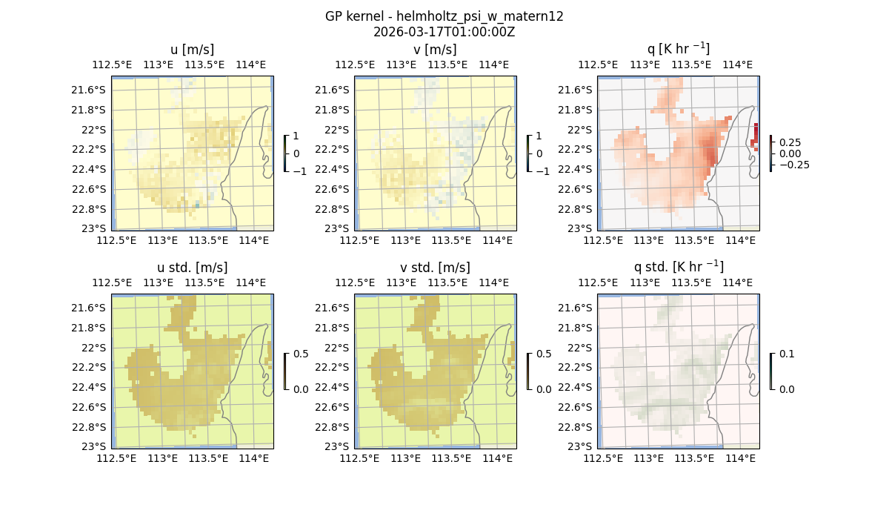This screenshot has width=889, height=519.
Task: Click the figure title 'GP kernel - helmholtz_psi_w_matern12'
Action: pyautogui.click(x=444, y=16)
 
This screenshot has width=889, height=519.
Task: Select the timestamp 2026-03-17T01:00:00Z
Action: pyautogui.click(x=444, y=32)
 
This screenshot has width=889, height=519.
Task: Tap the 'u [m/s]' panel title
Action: pyautogui.click(x=192, y=50)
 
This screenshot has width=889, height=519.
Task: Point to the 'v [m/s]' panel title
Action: pyautogui.click(x=435, y=50)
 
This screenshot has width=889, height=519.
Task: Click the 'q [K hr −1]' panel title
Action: pyautogui.click(x=678, y=49)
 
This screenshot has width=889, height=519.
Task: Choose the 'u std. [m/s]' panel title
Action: pyautogui.click(x=192, y=268)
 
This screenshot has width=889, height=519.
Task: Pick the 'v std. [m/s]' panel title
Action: pyautogui.click(x=435, y=268)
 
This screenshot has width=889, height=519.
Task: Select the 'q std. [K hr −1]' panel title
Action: pyautogui.click(x=678, y=267)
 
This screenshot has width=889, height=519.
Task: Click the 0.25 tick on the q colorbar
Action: pyautogui.click(x=789, y=142)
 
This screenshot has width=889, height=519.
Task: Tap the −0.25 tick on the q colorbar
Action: pyautogui.click(x=793, y=165)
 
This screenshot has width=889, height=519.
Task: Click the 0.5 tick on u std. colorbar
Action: pyautogui.click(x=302, y=354)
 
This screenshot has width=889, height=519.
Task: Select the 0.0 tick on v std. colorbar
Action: pyautogui.click(x=545, y=389)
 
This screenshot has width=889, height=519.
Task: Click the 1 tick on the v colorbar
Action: pyautogui.click(x=539, y=136)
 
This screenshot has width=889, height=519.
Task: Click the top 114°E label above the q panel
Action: pyautogui.click(x=737, y=65)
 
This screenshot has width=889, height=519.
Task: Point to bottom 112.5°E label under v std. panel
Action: pyautogui.click(x=356, y=458)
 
